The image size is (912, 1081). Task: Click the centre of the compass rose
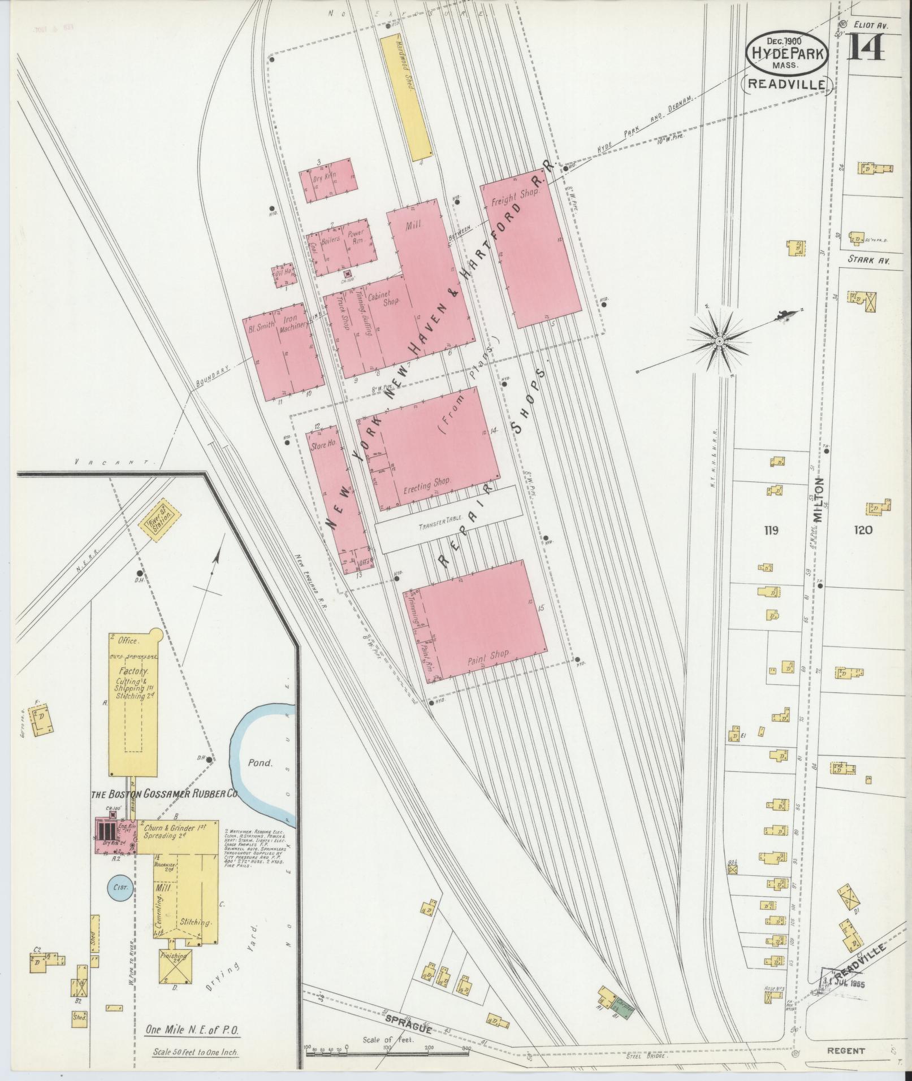tap(719, 341)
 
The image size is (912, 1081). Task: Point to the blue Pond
tap(260, 762)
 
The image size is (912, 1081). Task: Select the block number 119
tap(771, 530)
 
